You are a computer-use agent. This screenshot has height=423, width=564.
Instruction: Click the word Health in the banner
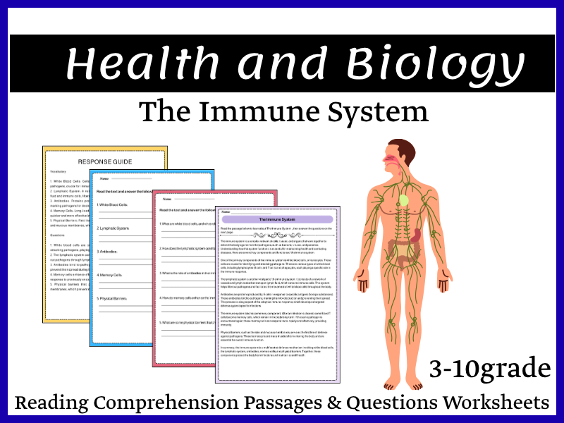(x=142, y=66)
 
